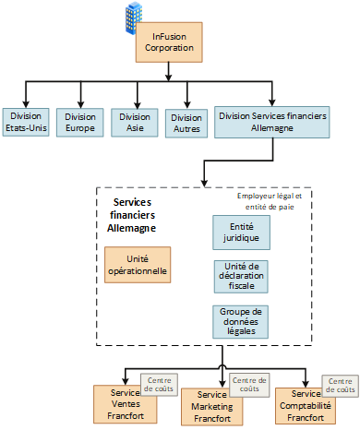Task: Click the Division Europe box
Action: (x=81, y=123)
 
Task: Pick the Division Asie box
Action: (x=135, y=123)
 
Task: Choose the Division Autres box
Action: (x=187, y=123)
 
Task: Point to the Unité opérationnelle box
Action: (x=138, y=265)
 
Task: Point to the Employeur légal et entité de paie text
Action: (x=275, y=200)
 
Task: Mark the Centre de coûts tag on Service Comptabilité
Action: (x=339, y=386)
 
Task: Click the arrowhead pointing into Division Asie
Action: (x=135, y=104)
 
